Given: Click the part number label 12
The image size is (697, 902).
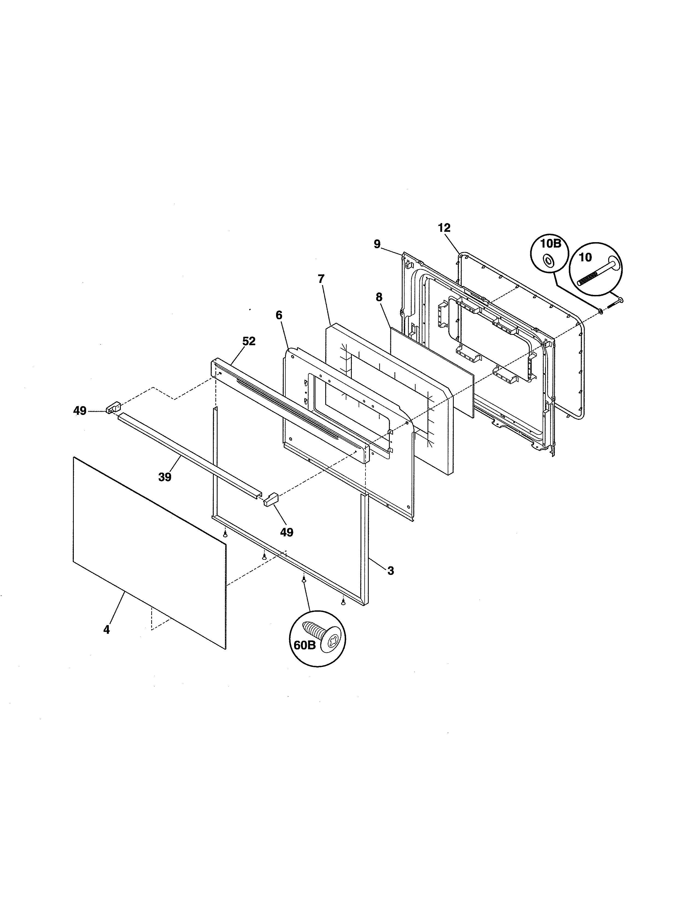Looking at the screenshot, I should pyautogui.click(x=444, y=228).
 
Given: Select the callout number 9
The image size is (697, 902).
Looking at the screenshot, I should pyautogui.click(x=377, y=244).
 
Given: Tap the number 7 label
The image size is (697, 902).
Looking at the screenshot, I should pyautogui.click(x=321, y=279).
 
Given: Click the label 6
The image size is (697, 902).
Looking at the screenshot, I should pyautogui.click(x=279, y=315).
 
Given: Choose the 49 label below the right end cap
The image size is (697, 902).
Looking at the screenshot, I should pyautogui.click(x=286, y=532).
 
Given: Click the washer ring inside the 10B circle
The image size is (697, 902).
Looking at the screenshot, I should pyautogui.click(x=549, y=260).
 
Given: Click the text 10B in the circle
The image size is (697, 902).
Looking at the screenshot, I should pyautogui.click(x=551, y=243).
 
